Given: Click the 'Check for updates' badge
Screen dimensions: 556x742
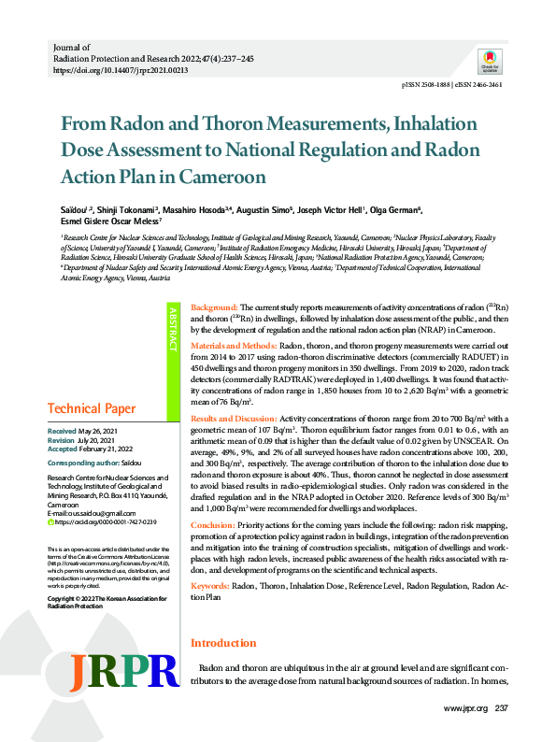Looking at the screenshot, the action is click(490, 60).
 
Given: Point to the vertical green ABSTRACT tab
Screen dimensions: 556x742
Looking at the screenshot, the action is click(173, 329).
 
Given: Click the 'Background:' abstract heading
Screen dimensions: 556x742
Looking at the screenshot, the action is click(214, 307).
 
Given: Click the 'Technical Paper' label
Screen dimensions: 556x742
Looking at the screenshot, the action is click(91, 409).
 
